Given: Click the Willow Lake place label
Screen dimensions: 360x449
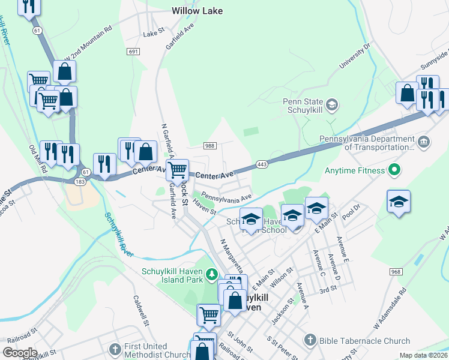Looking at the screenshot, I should (197, 11).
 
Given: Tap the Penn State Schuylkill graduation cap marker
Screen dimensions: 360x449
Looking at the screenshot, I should (334, 106).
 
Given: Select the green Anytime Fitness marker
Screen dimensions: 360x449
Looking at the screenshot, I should (394, 170).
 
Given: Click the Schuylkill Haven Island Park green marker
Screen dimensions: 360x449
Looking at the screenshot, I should (211, 274).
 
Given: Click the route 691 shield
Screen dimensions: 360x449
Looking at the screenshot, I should (133, 52).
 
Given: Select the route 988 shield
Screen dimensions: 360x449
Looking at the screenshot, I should (209, 146).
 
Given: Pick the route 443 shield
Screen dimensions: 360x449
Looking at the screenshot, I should (262, 164).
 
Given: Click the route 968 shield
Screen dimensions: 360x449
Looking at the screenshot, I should (395, 272).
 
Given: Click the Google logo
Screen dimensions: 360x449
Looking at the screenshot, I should (20, 352).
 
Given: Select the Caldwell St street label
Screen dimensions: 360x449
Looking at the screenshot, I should (140, 310).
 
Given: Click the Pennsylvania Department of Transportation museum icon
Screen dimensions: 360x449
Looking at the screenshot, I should (424, 142).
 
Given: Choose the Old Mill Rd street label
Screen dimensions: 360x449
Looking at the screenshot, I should (37, 158).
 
